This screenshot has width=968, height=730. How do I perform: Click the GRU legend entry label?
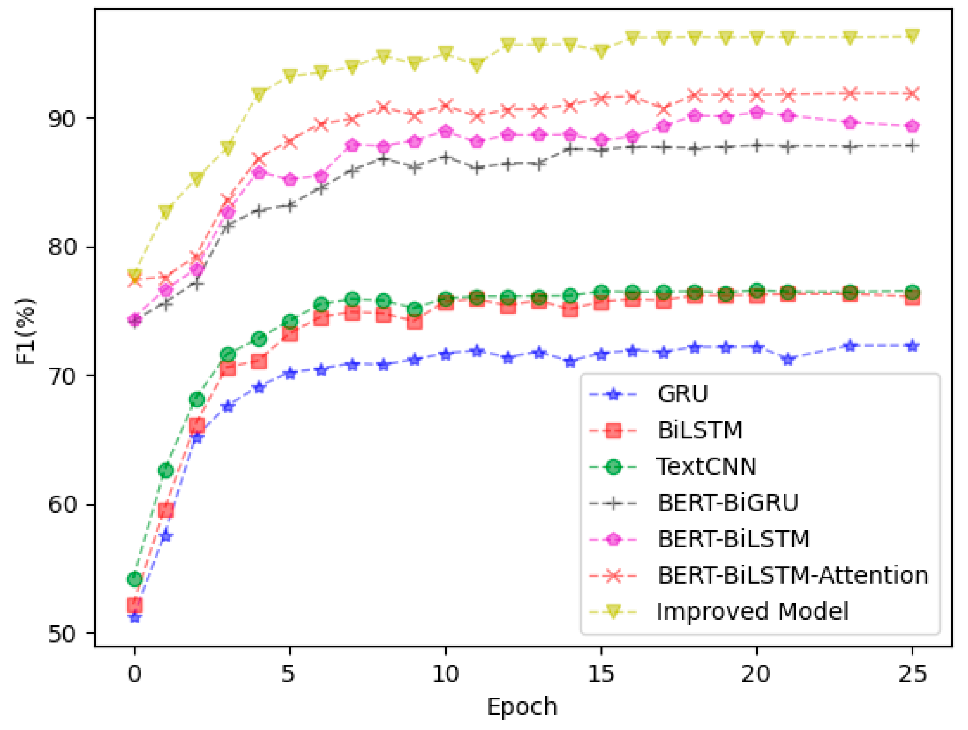point(683,394)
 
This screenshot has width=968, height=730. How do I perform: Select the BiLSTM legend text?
point(700,430)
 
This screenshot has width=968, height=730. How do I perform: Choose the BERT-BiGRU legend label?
point(728,503)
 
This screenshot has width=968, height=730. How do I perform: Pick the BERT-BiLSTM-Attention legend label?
point(793,575)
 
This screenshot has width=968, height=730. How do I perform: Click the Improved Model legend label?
point(752,612)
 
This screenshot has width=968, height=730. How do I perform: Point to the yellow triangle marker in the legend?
point(613,611)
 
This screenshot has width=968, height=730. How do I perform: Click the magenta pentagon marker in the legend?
point(613,539)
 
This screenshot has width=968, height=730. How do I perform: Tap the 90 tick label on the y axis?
point(61,119)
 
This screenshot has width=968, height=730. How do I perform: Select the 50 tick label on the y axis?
point(61,634)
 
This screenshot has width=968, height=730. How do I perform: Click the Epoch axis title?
point(522,707)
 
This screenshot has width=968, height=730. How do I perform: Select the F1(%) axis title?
point(25,332)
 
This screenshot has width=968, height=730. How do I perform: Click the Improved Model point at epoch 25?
point(913,36)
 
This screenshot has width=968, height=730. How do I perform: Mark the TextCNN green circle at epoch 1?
point(166,471)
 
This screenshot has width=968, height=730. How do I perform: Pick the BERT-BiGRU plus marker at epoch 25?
point(913,146)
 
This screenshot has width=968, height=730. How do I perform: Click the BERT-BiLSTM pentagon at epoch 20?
point(757,113)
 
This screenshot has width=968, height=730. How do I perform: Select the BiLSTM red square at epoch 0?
point(135,606)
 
